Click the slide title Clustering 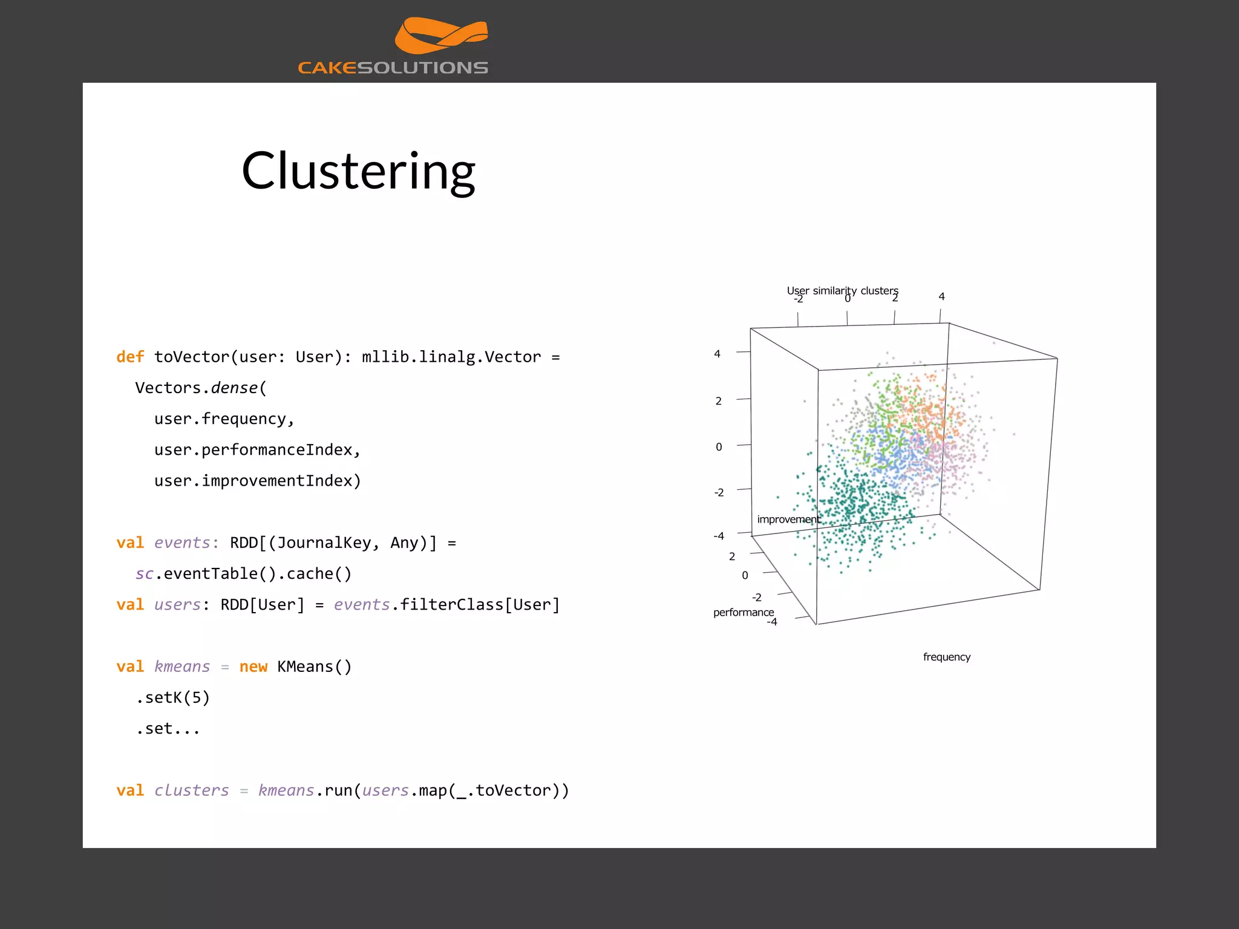[358, 171]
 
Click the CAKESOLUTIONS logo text [393, 68]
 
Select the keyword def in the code [130, 357]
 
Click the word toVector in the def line [192, 357]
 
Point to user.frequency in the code [224, 419]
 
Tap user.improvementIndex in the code [257, 481]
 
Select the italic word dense [234, 388]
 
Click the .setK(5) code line [173, 697]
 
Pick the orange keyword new [253, 667]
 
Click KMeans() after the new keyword [314, 667]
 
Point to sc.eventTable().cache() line [243, 573]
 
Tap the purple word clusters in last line [191, 790]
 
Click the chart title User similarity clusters [842, 290]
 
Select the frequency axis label [946, 657]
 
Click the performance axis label [743, 612]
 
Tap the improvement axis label [788, 520]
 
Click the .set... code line [168, 728]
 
